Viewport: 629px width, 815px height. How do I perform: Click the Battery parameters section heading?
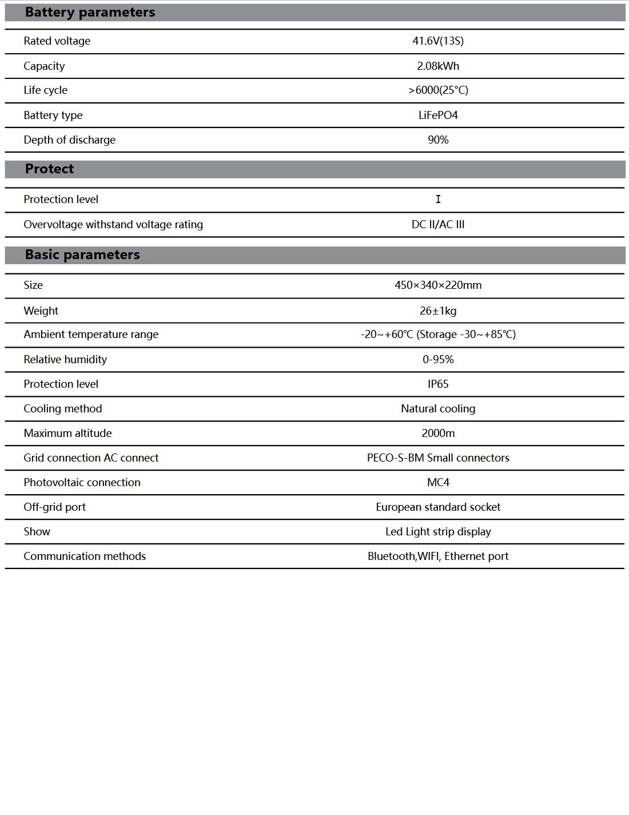[x=90, y=13]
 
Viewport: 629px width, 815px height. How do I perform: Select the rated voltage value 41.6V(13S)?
[x=438, y=41]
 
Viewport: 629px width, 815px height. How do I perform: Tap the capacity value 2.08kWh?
[x=438, y=66]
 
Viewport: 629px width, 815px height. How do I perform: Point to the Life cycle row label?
[x=45, y=90]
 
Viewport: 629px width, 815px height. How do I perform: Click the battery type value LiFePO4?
[x=438, y=115]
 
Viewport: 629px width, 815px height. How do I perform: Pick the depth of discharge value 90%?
[x=438, y=140]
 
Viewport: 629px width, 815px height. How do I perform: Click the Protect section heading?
[x=49, y=169]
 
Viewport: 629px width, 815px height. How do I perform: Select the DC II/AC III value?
[x=438, y=225]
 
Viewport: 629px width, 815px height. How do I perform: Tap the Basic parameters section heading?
[x=82, y=255]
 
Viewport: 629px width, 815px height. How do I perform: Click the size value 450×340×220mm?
[x=438, y=285]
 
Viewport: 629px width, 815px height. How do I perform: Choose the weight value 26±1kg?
[x=438, y=311]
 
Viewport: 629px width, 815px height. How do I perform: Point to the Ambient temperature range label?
[x=91, y=335]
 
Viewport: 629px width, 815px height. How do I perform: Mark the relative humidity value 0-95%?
[x=438, y=359]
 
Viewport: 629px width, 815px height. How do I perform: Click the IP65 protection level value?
[x=438, y=384]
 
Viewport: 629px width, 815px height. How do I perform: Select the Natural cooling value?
[x=438, y=408]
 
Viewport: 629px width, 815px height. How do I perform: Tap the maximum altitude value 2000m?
[x=438, y=433]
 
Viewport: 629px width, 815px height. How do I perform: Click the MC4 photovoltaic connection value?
[x=438, y=482]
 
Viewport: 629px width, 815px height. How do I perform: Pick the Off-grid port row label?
[x=54, y=507]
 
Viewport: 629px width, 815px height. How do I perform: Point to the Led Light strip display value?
[x=438, y=531]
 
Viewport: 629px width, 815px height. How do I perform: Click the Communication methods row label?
[x=85, y=556]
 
